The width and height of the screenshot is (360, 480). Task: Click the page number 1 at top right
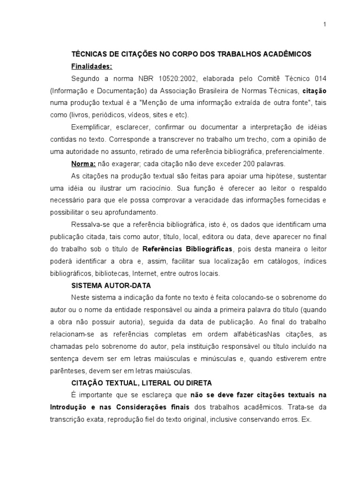324,25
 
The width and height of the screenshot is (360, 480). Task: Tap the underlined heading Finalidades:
91,66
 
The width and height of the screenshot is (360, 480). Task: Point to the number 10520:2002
165,78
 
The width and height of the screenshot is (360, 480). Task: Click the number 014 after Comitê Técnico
320,78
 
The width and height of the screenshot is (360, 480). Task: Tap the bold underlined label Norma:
83,164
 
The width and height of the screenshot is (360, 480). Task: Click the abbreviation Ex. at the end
307,420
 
